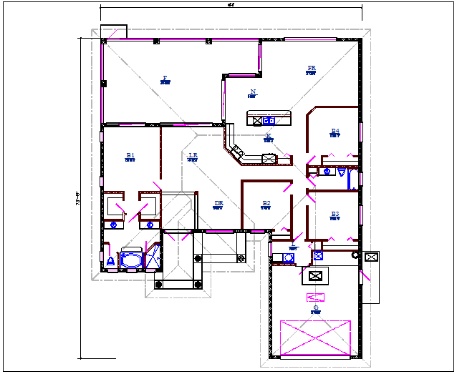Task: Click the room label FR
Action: [312, 69]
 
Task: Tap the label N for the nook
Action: [252, 92]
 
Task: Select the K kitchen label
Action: [268, 135]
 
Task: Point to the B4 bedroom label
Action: [335, 131]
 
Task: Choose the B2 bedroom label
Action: [266, 204]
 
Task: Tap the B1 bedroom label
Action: [130, 155]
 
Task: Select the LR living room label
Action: [192, 155]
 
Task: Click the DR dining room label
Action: [218, 204]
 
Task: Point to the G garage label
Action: [315, 308]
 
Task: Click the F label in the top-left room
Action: [165, 78]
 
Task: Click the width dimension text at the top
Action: [231, 4]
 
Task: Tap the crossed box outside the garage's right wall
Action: [371, 257]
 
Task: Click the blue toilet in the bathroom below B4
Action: [327, 172]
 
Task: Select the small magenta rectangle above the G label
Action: [316, 297]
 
